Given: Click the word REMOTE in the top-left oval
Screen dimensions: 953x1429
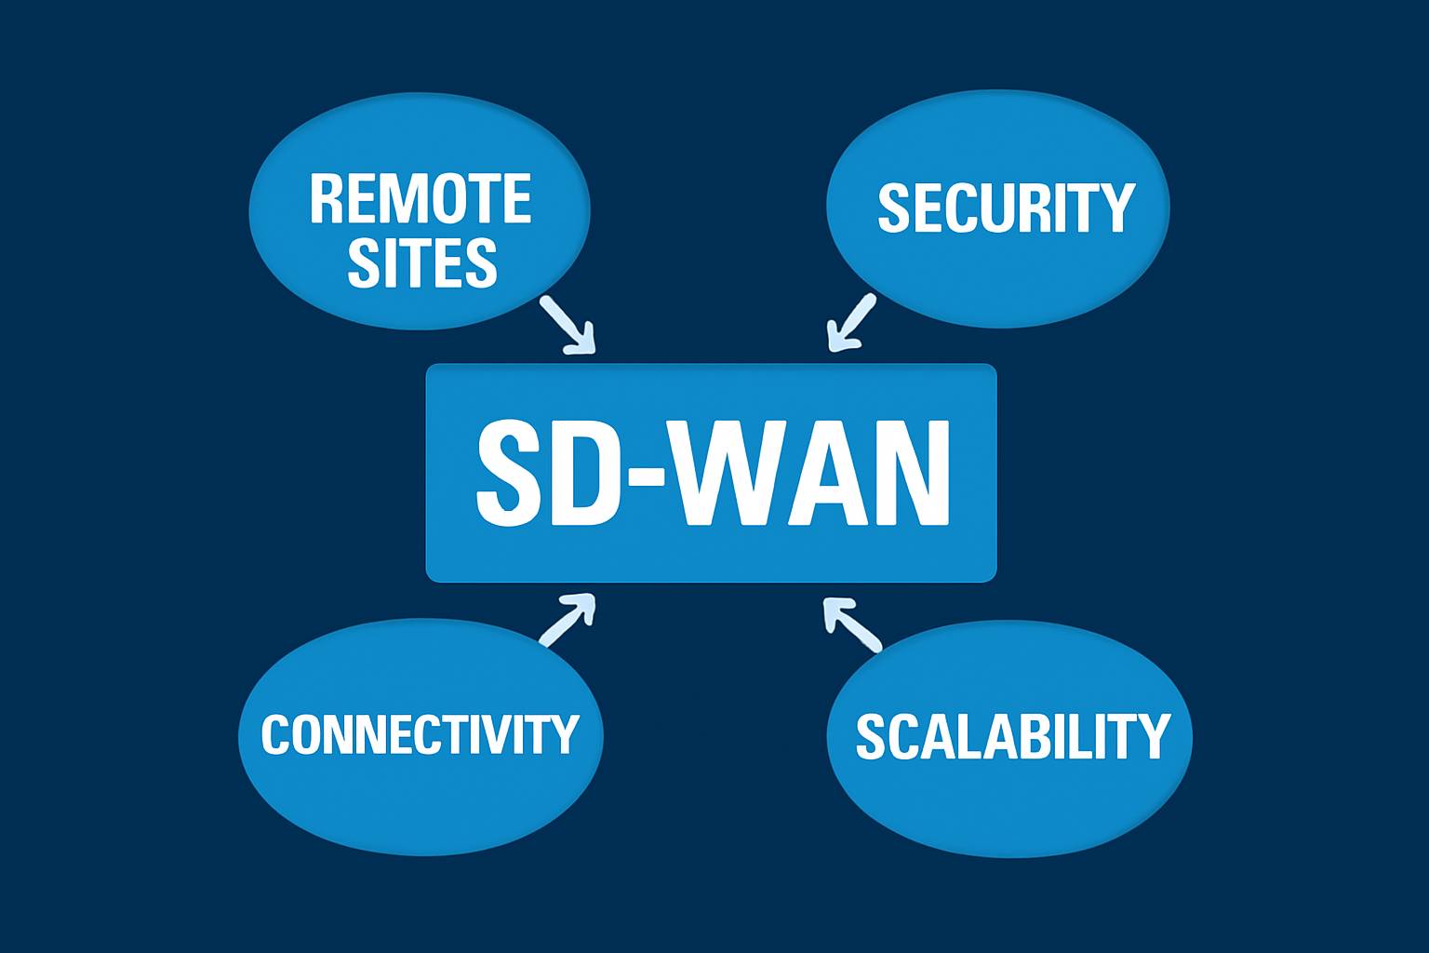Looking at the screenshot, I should coord(420,198).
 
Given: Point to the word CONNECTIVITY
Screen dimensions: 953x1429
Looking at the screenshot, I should coord(420,734).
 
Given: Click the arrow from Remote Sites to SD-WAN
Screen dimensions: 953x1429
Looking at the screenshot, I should coord(567,324).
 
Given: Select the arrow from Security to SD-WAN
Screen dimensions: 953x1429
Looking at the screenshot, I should coord(851,322).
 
